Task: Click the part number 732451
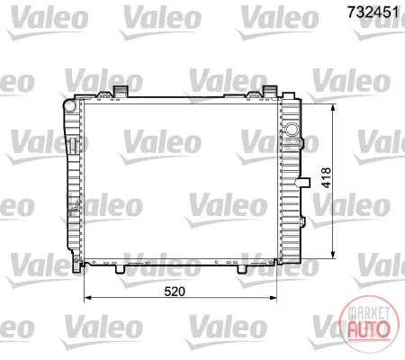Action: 373,12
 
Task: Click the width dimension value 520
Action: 175,292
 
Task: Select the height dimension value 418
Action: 327,178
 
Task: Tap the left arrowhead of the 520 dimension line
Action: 87,298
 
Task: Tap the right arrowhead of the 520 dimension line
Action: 274,298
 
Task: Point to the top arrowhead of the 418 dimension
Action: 333,108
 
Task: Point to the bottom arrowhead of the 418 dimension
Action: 333,255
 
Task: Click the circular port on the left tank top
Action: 70,106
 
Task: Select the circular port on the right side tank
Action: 291,130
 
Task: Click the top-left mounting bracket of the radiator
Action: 120,91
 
